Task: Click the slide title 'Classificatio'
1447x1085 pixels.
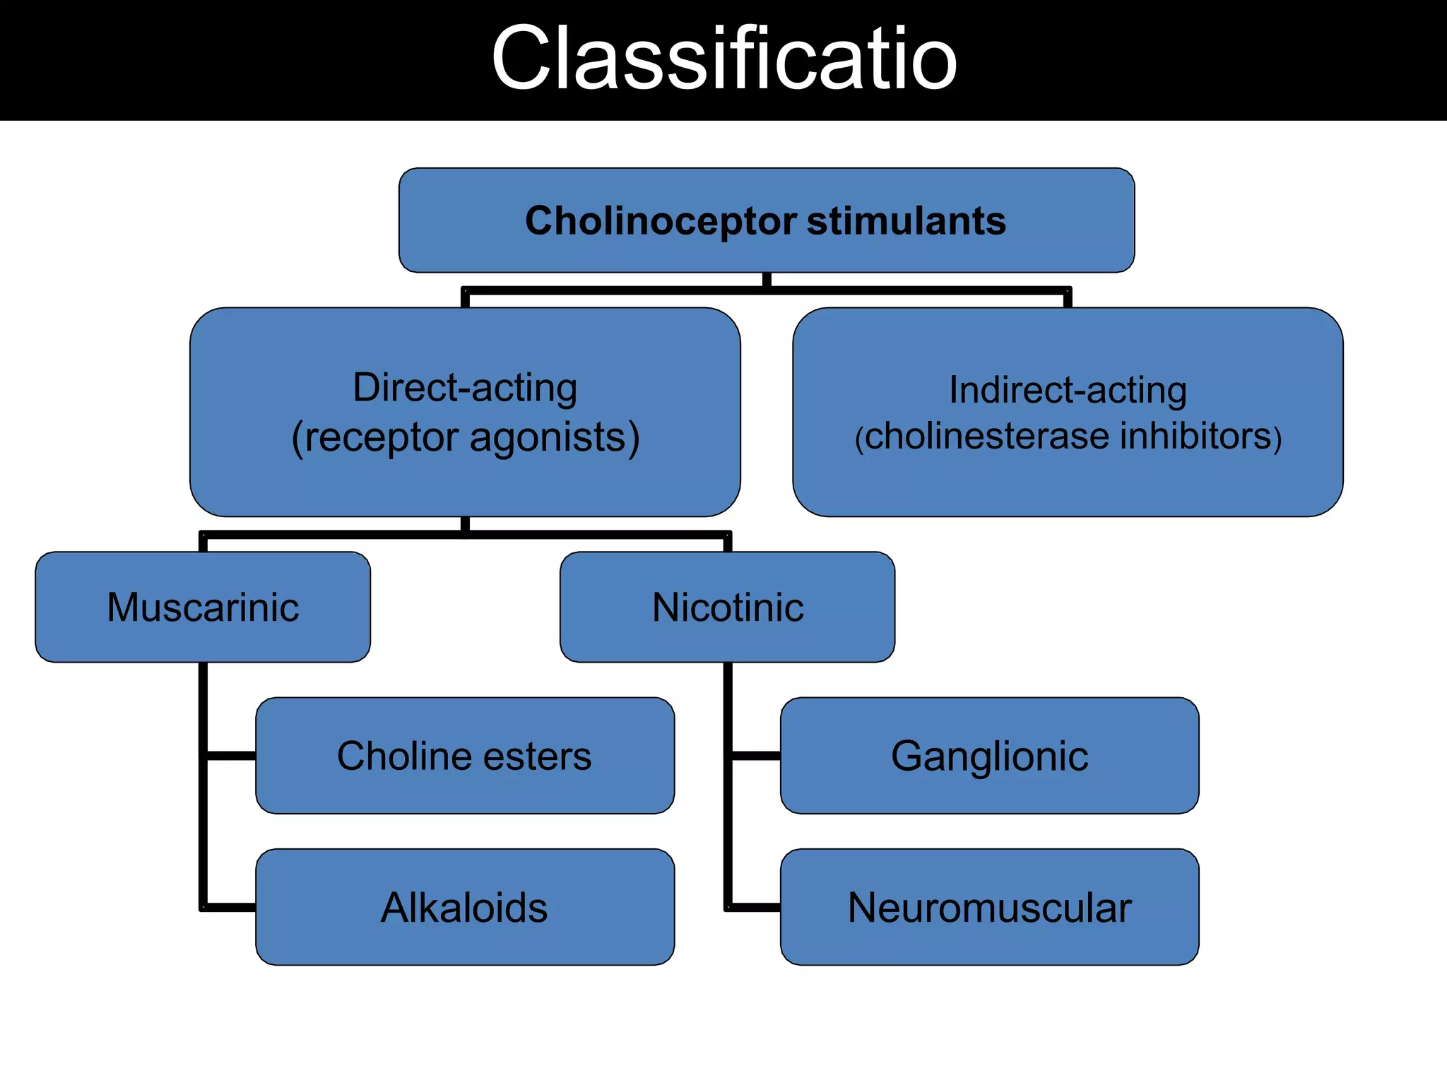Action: (x=723, y=59)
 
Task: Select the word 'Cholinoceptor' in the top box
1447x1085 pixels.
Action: (x=661, y=221)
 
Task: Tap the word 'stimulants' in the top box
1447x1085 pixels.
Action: (x=906, y=221)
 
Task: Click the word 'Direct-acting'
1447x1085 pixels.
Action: (x=465, y=388)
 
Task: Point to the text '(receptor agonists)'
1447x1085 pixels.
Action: (x=465, y=437)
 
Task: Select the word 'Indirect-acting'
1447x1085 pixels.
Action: (x=1067, y=390)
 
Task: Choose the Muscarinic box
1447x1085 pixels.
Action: (x=203, y=607)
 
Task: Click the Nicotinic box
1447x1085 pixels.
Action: (x=727, y=607)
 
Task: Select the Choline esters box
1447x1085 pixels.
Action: (x=464, y=756)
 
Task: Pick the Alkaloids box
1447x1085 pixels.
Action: (x=464, y=908)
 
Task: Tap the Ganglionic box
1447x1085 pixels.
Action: (x=989, y=756)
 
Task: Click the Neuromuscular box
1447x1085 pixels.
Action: (x=989, y=908)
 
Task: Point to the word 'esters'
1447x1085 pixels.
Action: (x=537, y=757)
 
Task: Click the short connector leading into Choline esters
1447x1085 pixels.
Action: (x=231, y=756)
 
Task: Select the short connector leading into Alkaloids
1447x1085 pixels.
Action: (x=231, y=907)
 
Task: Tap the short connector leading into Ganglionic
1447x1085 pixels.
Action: (x=755, y=756)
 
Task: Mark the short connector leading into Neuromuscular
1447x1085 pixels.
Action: (x=755, y=907)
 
